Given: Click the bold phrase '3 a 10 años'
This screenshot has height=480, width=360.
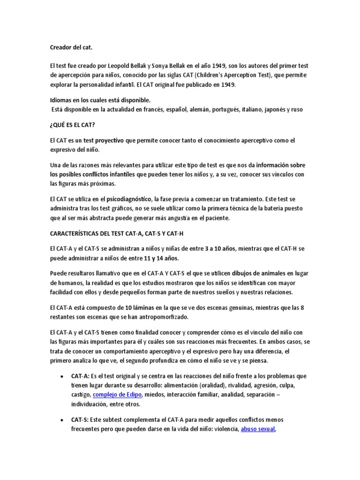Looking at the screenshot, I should point(220,248).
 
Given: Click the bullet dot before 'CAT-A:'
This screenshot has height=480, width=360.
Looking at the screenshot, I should point(62,376).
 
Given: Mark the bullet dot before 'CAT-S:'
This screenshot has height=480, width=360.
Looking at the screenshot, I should point(62,420).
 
